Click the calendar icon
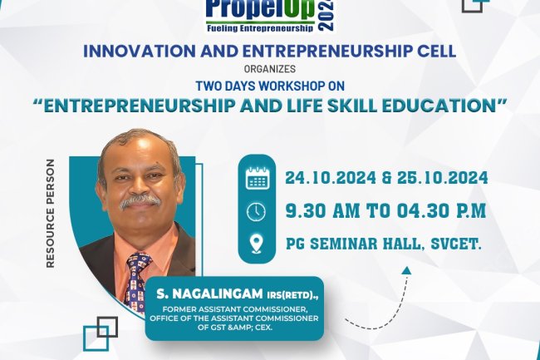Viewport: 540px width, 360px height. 257,178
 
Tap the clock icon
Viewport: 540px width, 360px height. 257,211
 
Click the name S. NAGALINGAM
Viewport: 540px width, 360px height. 203,294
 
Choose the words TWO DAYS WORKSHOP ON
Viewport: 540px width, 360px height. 269,86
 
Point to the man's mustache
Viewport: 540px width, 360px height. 139,200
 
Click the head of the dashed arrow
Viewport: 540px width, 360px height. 405,269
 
